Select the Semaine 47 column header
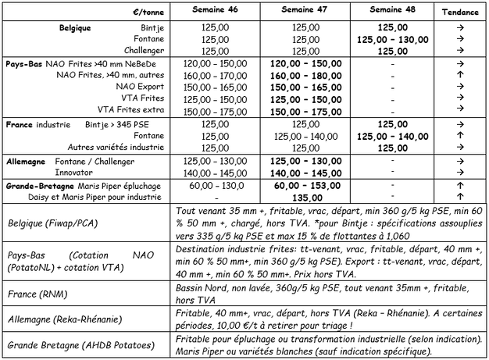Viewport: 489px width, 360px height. pos(305,12)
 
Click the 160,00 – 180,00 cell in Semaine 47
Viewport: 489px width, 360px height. pos(305,76)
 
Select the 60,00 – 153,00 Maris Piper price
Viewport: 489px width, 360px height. pos(305,187)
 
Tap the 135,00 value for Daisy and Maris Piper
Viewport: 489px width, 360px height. pos(305,198)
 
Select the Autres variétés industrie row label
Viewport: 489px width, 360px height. pos(115,146)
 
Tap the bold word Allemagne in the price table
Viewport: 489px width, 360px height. pos(26,160)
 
